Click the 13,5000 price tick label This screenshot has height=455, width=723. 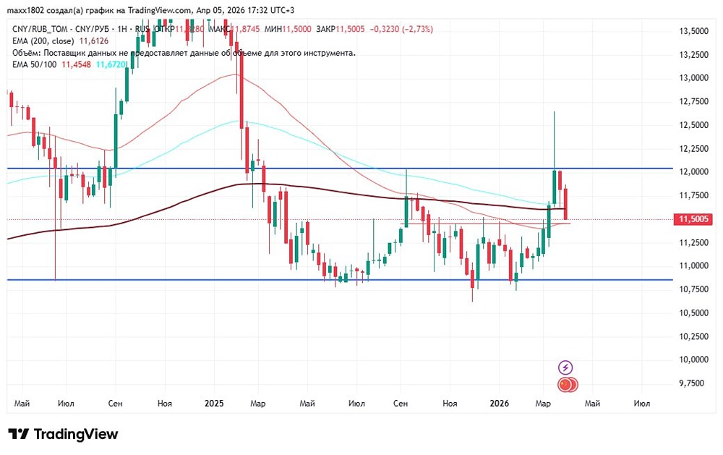(693, 32)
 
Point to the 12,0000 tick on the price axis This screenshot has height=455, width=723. (693, 172)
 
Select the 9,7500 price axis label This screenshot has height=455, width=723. (693, 383)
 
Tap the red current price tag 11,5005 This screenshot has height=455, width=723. (693, 219)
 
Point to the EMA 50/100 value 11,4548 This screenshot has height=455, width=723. (77, 64)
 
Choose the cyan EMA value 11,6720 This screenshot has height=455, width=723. (113, 64)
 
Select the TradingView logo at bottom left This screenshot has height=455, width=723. (64, 434)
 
